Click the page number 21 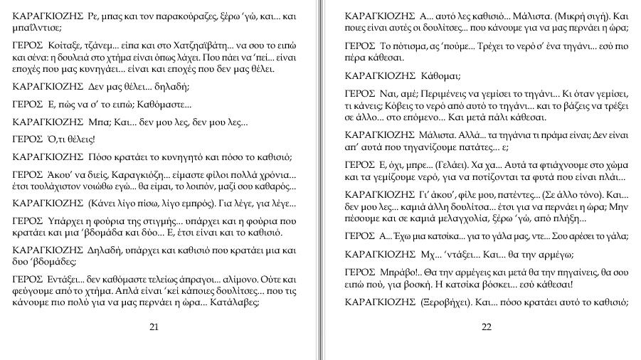coord(154,327)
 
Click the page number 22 coord(487,327)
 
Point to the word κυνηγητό coord(171,157)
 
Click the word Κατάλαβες coord(235,300)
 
